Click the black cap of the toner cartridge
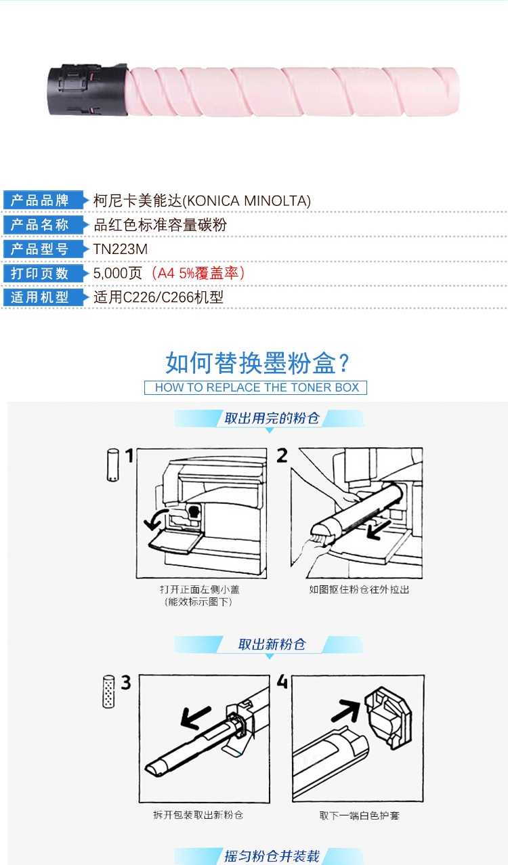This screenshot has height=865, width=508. coord(87,89)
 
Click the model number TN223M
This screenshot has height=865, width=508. coord(121,249)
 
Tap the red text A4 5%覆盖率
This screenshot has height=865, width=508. coord(198,274)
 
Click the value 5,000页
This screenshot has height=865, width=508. coord(118,274)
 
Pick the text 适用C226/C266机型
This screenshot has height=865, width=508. coord(158,297)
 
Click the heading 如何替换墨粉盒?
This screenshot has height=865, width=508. coord(257,363)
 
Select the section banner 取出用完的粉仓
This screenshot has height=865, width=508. coord(272,418)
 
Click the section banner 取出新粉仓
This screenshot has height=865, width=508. coord(272,644)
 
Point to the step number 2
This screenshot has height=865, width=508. coord(282,456)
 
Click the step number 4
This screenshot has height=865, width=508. coord(282,682)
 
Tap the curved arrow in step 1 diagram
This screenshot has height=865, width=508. coord(155,520)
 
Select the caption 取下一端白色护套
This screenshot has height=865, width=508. coord(360,816)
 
